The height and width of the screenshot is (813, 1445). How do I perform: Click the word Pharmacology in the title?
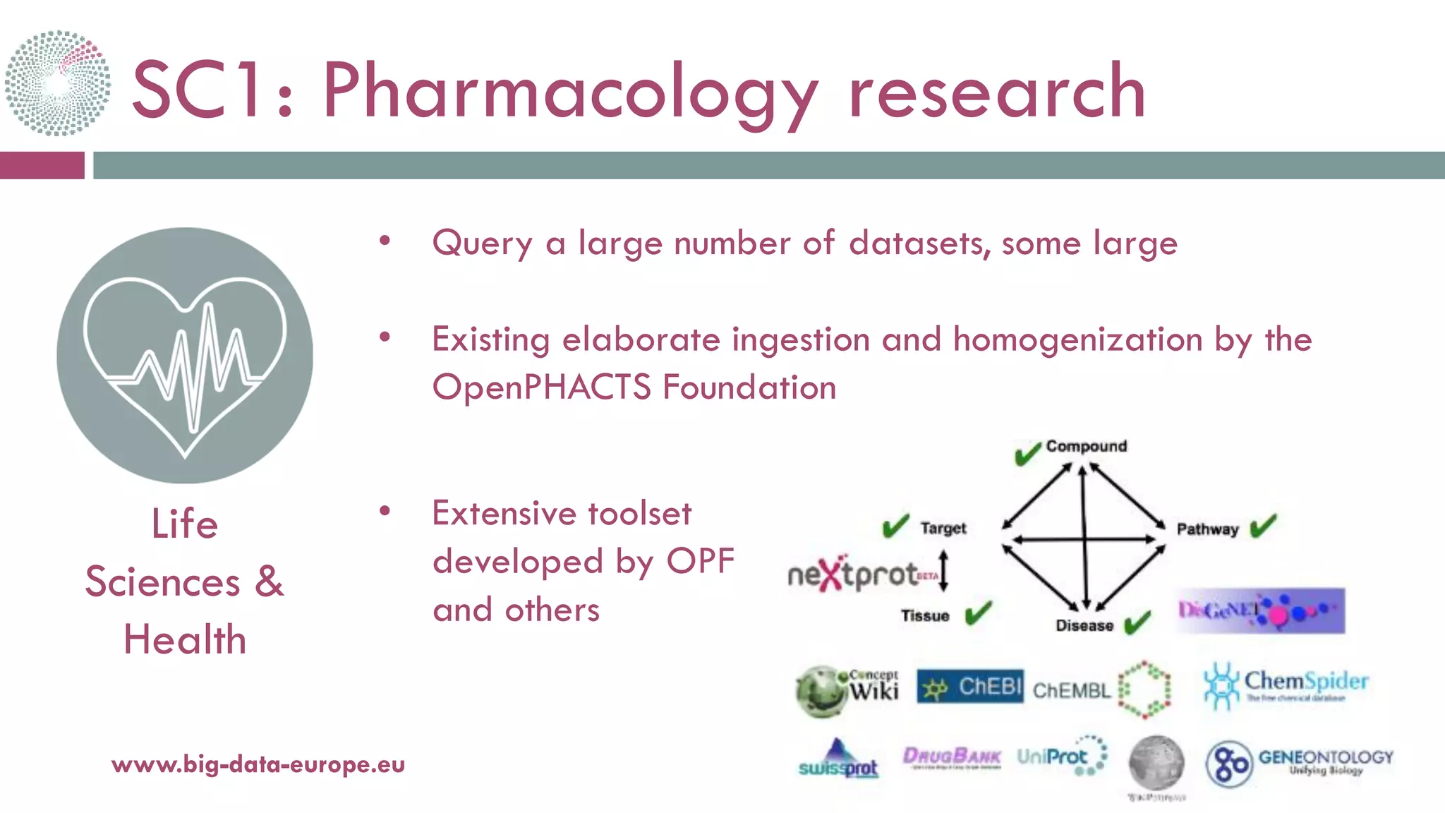tap(570, 92)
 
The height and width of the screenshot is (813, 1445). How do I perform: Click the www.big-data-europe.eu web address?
tap(258, 764)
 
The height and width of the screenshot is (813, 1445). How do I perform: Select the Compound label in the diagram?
tap(1086, 446)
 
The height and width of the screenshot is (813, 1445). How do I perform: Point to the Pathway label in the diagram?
tap(1207, 529)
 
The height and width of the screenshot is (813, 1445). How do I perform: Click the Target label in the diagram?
tap(943, 529)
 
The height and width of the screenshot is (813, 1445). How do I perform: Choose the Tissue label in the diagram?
tap(924, 616)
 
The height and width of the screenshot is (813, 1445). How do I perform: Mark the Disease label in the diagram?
tap(1084, 626)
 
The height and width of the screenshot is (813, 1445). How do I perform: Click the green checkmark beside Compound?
tap(1027, 453)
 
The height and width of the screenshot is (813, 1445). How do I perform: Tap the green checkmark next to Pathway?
tap(1263, 526)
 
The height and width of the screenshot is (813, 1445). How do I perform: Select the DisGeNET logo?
tap(1260, 610)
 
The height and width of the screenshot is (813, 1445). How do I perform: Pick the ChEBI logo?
tap(969, 687)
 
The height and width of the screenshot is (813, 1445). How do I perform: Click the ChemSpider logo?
tap(1286, 685)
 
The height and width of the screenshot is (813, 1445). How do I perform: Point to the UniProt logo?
tap(1061, 757)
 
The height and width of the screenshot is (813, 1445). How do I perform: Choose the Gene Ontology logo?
tap(1298, 762)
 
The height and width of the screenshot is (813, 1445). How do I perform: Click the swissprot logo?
tap(838, 761)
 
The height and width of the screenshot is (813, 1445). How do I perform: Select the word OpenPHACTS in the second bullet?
tap(542, 387)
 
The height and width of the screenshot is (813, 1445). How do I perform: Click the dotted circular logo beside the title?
tap(58, 83)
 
